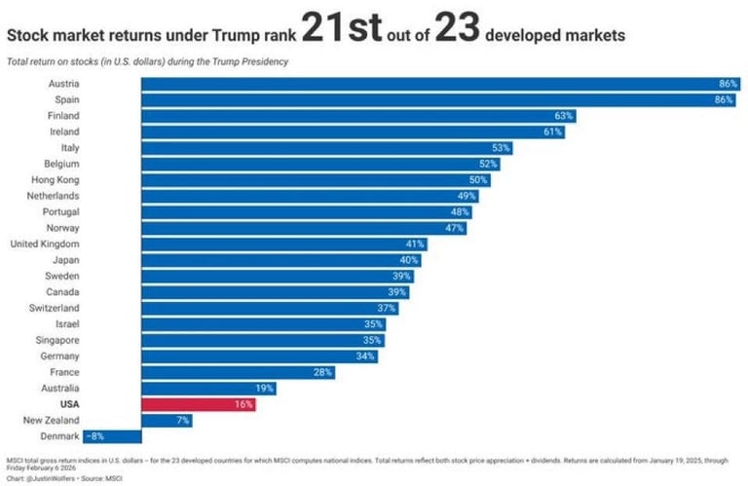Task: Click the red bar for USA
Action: (198, 404)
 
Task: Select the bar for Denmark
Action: (112, 435)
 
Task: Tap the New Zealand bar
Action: (167, 420)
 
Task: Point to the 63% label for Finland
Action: (564, 115)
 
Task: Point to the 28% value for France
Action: (323, 372)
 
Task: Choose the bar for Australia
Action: (207, 388)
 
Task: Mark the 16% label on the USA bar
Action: (243, 404)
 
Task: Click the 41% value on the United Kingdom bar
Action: (416, 243)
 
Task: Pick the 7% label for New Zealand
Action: (183, 420)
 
